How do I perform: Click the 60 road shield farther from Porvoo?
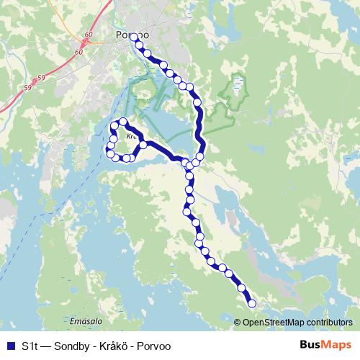[78, 53]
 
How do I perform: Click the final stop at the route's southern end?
[252, 304]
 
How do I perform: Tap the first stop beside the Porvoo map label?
[133, 36]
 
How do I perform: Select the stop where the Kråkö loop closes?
[143, 145]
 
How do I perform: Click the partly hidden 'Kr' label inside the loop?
[130, 135]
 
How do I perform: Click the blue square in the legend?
[9, 346]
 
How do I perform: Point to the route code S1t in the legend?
[30, 346]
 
